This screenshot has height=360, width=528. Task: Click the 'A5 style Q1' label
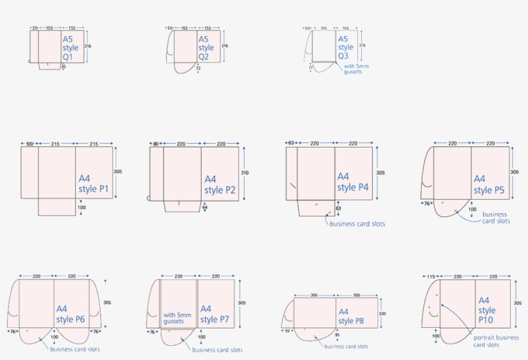tap(70, 48)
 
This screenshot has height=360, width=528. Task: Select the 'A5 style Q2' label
tap(206, 48)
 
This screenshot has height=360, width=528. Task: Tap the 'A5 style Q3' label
tap(346, 47)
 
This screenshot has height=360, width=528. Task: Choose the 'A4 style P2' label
tap(220, 184)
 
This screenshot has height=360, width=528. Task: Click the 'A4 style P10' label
tap(487, 310)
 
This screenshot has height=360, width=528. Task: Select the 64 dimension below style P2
tap(205, 207)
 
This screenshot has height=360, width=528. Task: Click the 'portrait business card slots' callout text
tap(496, 341)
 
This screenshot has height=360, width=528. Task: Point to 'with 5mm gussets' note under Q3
tap(353, 69)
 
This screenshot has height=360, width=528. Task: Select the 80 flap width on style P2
tap(156, 144)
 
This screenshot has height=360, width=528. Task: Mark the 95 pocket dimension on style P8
tap(337, 336)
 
